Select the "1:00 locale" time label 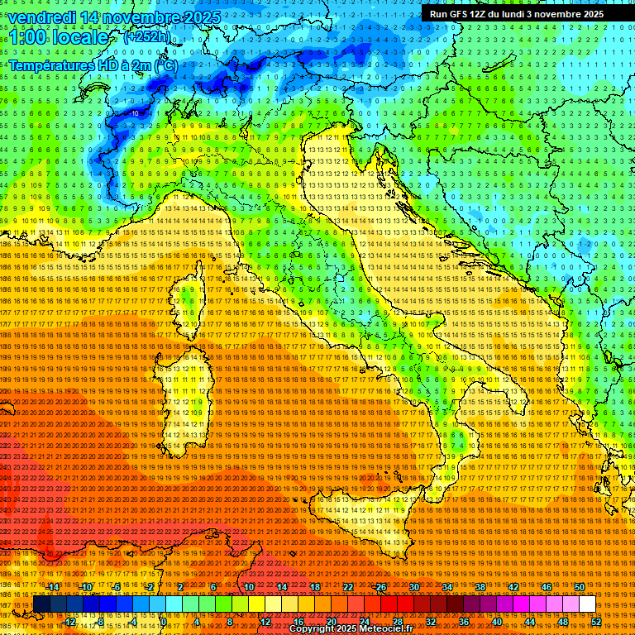pos(60,37)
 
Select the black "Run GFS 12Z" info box pos(524,13)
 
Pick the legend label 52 pos(596,622)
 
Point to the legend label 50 pos(580,587)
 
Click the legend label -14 pos(53,587)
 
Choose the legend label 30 pos(414,587)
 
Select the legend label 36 pos(463,622)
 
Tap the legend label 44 pos(530,622)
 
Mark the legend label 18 pos(315,587)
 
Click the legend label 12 pos(265,622)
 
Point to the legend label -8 pos(100,622)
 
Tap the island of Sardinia pos(184,397)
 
